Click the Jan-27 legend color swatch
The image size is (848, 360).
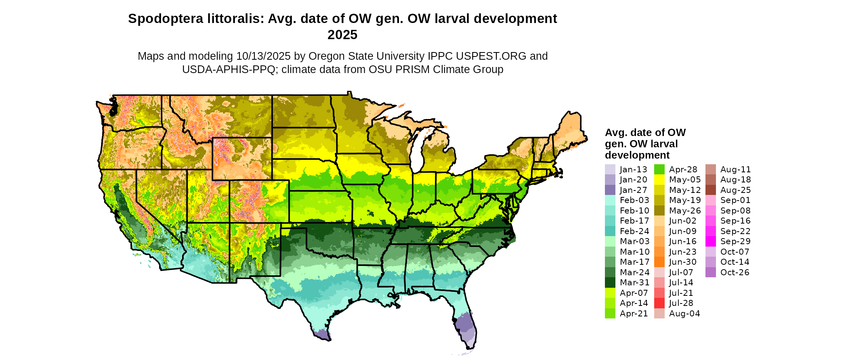[610, 190]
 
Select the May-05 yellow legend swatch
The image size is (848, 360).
[659, 180]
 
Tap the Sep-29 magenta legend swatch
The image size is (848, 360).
[710, 241]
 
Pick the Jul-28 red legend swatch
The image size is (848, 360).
[659, 303]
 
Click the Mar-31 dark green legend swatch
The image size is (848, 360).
[610, 283]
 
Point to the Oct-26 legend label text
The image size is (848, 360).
[735, 272]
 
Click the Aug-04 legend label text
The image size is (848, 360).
[684, 314]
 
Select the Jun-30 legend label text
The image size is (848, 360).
[682, 262]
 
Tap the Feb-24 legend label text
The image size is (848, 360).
[634, 231]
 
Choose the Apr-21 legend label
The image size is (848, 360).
[634, 314]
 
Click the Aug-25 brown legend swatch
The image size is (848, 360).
[710, 190]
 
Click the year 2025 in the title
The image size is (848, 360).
[342, 35]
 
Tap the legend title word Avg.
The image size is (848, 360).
[615, 133]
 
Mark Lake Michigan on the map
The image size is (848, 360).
[418, 149]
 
